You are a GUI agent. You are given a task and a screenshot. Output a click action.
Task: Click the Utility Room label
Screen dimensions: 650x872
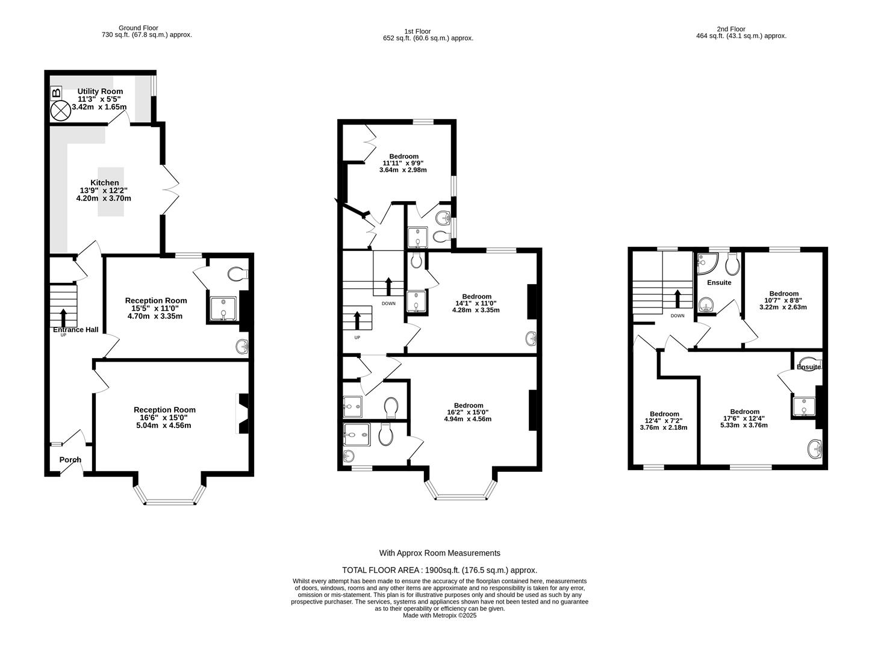[x=100, y=91]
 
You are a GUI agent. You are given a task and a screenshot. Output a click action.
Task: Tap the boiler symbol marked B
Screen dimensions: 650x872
[x=57, y=93]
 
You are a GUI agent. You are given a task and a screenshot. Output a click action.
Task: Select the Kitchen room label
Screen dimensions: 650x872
[x=104, y=183]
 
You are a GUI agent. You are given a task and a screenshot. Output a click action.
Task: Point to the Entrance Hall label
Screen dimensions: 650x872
[x=76, y=330]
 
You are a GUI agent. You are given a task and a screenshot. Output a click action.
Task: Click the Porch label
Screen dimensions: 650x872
[x=70, y=460]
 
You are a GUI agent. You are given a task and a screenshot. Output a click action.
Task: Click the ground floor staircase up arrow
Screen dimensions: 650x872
[x=63, y=316]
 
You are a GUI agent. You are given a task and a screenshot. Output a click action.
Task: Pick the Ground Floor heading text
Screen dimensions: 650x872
[x=138, y=28]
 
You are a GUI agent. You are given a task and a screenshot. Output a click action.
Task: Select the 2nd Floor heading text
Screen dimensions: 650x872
[x=731, y=29]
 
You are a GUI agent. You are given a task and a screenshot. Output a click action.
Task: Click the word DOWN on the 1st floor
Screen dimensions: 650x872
[x=388, y=303]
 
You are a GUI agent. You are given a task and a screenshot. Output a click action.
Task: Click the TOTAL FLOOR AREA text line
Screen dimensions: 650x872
[x=440, y=570]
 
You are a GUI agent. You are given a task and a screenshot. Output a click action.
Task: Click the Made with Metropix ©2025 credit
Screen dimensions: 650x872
[x=440, y=616]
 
